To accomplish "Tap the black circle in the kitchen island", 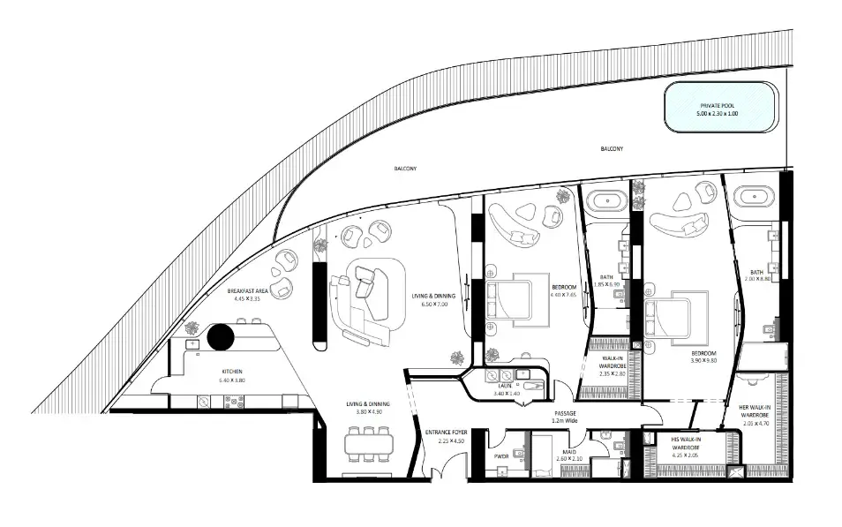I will click(220, 337).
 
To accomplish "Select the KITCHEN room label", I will click(231, 376).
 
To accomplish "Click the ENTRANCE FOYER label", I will click(445, 436).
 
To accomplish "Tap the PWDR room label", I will click(500, 456).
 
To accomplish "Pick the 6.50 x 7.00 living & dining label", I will click(432, 300).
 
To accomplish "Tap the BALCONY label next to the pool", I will click(613, 149).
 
